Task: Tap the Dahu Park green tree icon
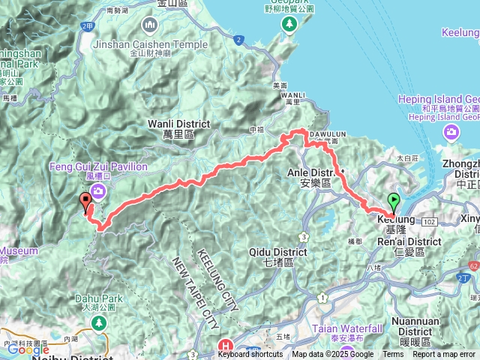(x=97, y=322)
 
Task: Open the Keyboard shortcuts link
(x=250, y=355)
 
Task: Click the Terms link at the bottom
(x=393, y=355)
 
